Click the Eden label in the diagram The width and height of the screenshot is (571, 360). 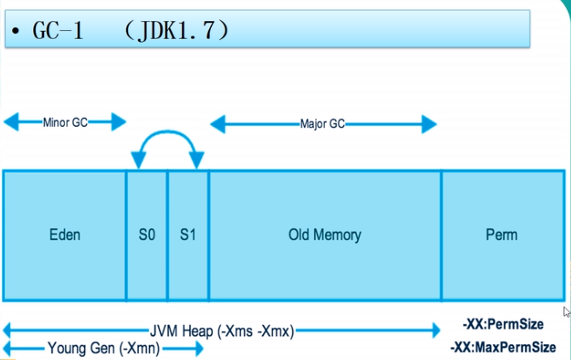(x=65, y=235)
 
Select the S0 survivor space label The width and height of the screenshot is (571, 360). (x=147, y=235)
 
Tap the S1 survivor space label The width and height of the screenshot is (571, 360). (x=188, y=235)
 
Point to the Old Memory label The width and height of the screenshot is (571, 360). (x=324, y=235)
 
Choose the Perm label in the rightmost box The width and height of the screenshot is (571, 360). (x=501, y=235)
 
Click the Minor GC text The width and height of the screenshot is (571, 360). (x=65, y=122)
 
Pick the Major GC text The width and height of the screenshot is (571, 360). (x=322, y=124)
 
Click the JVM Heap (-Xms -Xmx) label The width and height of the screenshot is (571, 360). (x=222, y=331)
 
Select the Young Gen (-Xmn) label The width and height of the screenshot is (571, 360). (x=104, y=348)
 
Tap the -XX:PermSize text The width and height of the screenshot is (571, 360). (x=503, y=324)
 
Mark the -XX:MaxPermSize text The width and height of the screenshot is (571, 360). (x=503, y=347)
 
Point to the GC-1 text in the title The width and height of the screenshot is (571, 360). (x=58, y=30)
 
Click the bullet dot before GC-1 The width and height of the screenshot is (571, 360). (x=15, y=31)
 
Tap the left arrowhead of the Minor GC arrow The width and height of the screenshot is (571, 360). (x=11, y=122)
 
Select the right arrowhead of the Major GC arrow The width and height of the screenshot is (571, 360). (x=429, y=124)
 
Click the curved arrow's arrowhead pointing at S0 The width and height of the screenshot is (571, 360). (x=138, y=160)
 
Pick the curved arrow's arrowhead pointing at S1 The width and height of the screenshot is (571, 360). (x=197, y=160)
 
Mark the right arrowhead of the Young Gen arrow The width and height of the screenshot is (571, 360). (x=199, y=348)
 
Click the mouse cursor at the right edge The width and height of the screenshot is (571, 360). (x=567, y=312)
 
